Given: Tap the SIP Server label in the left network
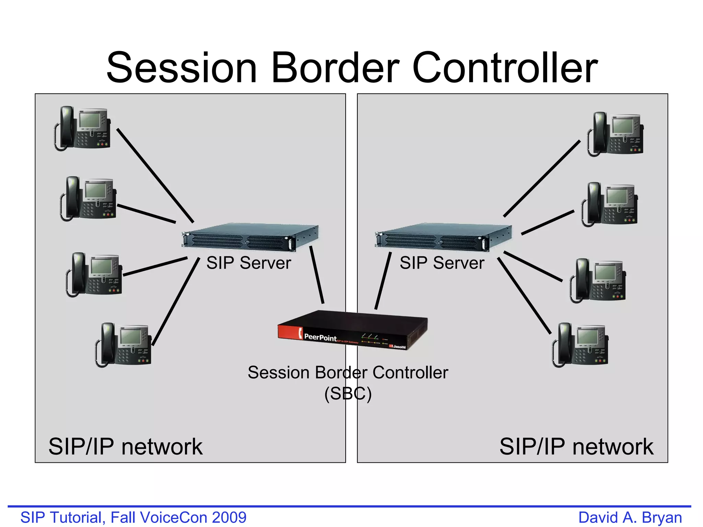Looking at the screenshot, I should pyautogui.click(x=249, y=263).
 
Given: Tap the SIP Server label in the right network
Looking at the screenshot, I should pyautogui.click(x=442, y=263).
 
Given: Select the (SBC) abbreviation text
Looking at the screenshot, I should pyautogui.click(x=348, y=394).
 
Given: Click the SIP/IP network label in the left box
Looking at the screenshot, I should pyautogui.click(x=125, y=447).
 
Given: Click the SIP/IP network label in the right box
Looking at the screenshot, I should pyautogui.click(x=576, y=447).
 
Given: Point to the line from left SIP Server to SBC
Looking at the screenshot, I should pyautogui.click(x=317, y=274).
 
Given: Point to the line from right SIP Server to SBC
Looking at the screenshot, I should pyautogui.click(x=383, y=281).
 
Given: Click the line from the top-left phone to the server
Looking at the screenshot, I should pyautogui.click(x=155, y=175).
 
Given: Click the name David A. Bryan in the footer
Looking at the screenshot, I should pyautogui.click(x=630, y=517).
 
